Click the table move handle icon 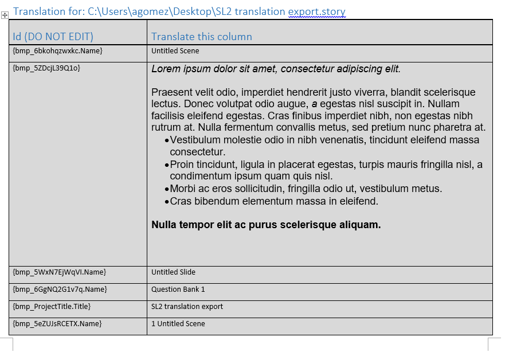click(x=5, y=15)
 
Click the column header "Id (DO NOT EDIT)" click(x=53, y=37)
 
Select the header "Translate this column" click(x=201, y=37)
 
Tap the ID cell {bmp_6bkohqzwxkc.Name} click(x=57, y=51)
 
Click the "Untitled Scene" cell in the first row click(x=175, y=51)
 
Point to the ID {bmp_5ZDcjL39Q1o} click(x=46, y=68)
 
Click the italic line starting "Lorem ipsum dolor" click(x=276, y=69)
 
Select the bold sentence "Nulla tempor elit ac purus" click(x=266, y=225)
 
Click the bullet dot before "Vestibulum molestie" click(x=167, y=140)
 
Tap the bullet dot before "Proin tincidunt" click(x=167, y=165)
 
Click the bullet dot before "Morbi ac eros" click(x=167, y=189)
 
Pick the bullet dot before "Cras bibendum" click(x=167, y=202)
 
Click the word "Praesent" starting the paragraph click(x=170, y=92)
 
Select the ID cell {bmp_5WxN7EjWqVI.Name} click(x=59, y=272)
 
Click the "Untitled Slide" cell click(x=173, y=272)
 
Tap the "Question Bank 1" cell click(x=178, y=289)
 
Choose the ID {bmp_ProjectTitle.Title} click(x=52, y=306)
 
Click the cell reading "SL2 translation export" click(x=187, y=306)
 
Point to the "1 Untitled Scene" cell click(x=178, y=323)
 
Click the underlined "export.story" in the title click(x=316, y=11)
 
